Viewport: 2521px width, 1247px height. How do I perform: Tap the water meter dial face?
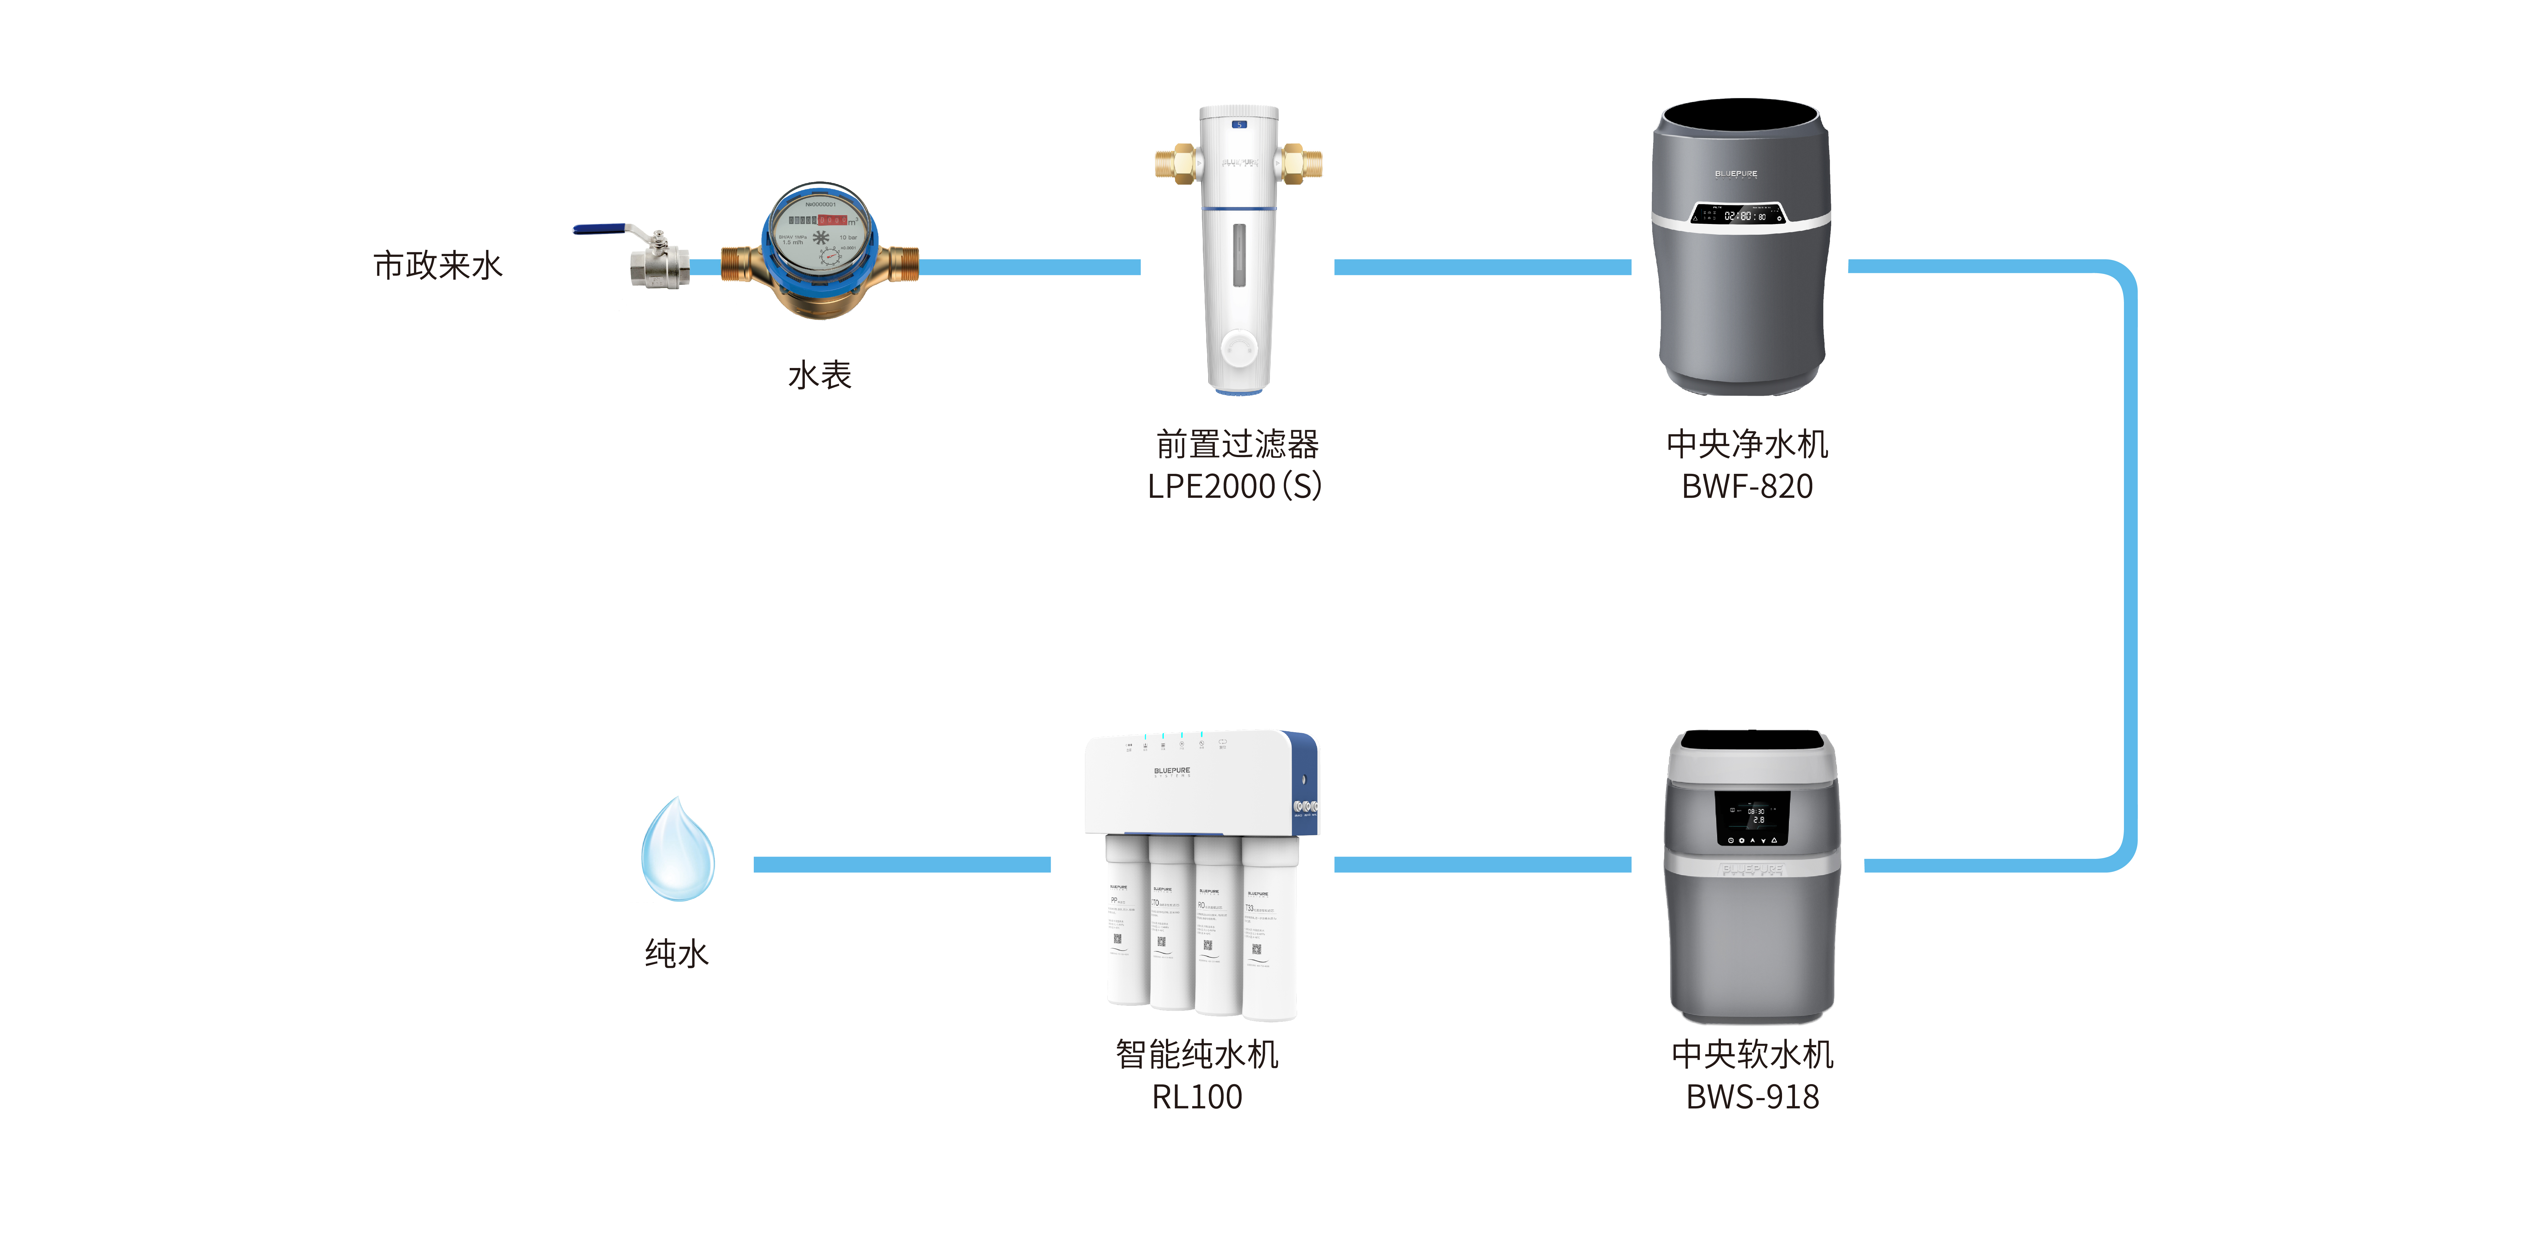tap(820, 235)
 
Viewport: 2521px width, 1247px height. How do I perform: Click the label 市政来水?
tap(437, 265)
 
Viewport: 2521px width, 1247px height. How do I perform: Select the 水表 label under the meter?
tap(820, 375)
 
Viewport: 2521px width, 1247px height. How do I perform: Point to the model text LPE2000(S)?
tap(1235, 486)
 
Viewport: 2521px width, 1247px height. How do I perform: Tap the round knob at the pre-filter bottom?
tap(1239, 348)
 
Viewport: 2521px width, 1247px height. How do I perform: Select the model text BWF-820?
tap(1747, 486)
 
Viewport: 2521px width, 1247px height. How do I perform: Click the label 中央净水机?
tap(1747, 444)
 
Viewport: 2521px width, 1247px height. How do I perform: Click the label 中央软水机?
tap(1752, 1054)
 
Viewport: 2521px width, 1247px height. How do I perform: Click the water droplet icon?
tap(677, 850)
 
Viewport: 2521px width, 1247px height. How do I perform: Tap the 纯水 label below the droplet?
tap(676, 953)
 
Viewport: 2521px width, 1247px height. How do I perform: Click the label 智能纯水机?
tap(1197, 1054)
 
